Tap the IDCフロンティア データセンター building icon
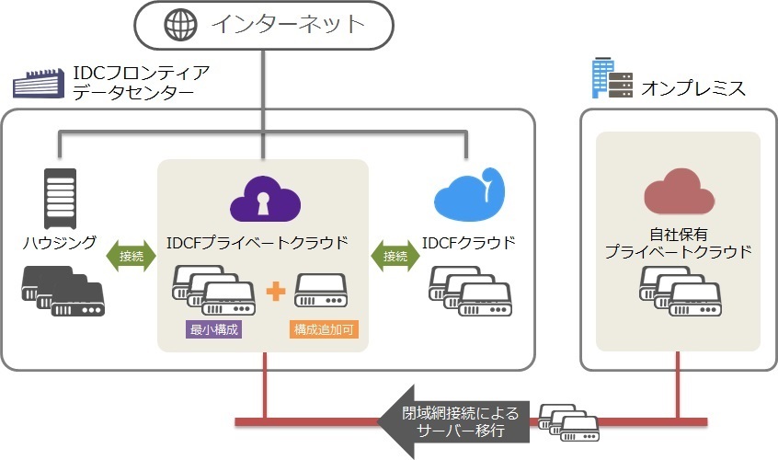click(x=38, y=83)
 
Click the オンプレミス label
click(x=693, y=89)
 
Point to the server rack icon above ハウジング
click(x=60, y=196)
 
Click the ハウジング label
click(x=59, y=243)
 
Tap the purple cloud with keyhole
click(x=263, y=199)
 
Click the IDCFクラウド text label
click(x=468, y=243)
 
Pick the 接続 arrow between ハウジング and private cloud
click(x=132, y=257)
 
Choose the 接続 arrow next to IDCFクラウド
click(x=395, y=257)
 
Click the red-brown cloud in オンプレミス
click(x=678, y=191)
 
